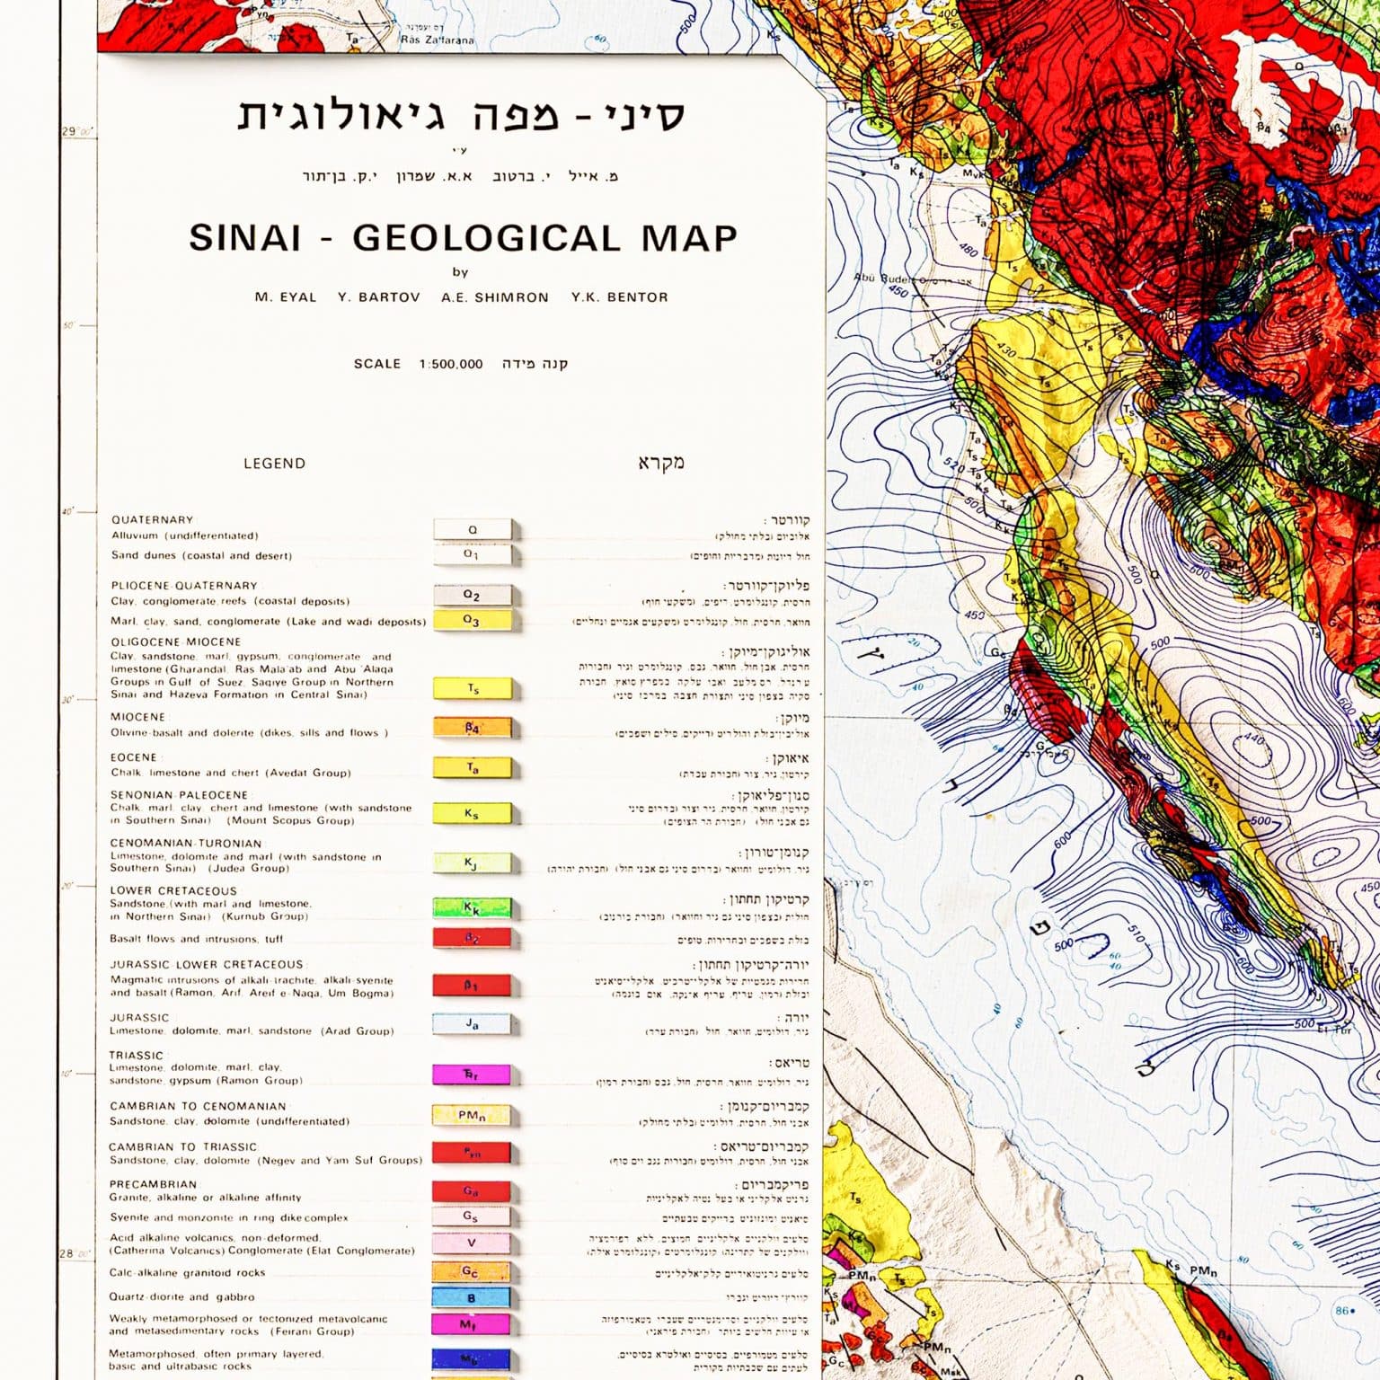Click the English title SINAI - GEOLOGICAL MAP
point(463,238)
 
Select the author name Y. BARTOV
point(378,297)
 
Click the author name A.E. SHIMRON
point(494,297)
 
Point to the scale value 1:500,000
point(450,364)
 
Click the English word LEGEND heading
point(274,464)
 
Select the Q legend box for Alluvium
point(472,529)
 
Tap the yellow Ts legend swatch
point(472,689)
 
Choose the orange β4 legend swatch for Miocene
point(472,728)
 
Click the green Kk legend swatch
point(472,908)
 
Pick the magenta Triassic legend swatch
point(472,1075)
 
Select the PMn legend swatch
point(472,1115)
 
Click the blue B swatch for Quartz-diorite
point(472,1297)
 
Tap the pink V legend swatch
point(472,1243)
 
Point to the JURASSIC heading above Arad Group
point(139,1018)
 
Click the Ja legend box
point(472,1024)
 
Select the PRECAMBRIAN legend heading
point(153,1184)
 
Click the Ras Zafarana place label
point(437,40)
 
